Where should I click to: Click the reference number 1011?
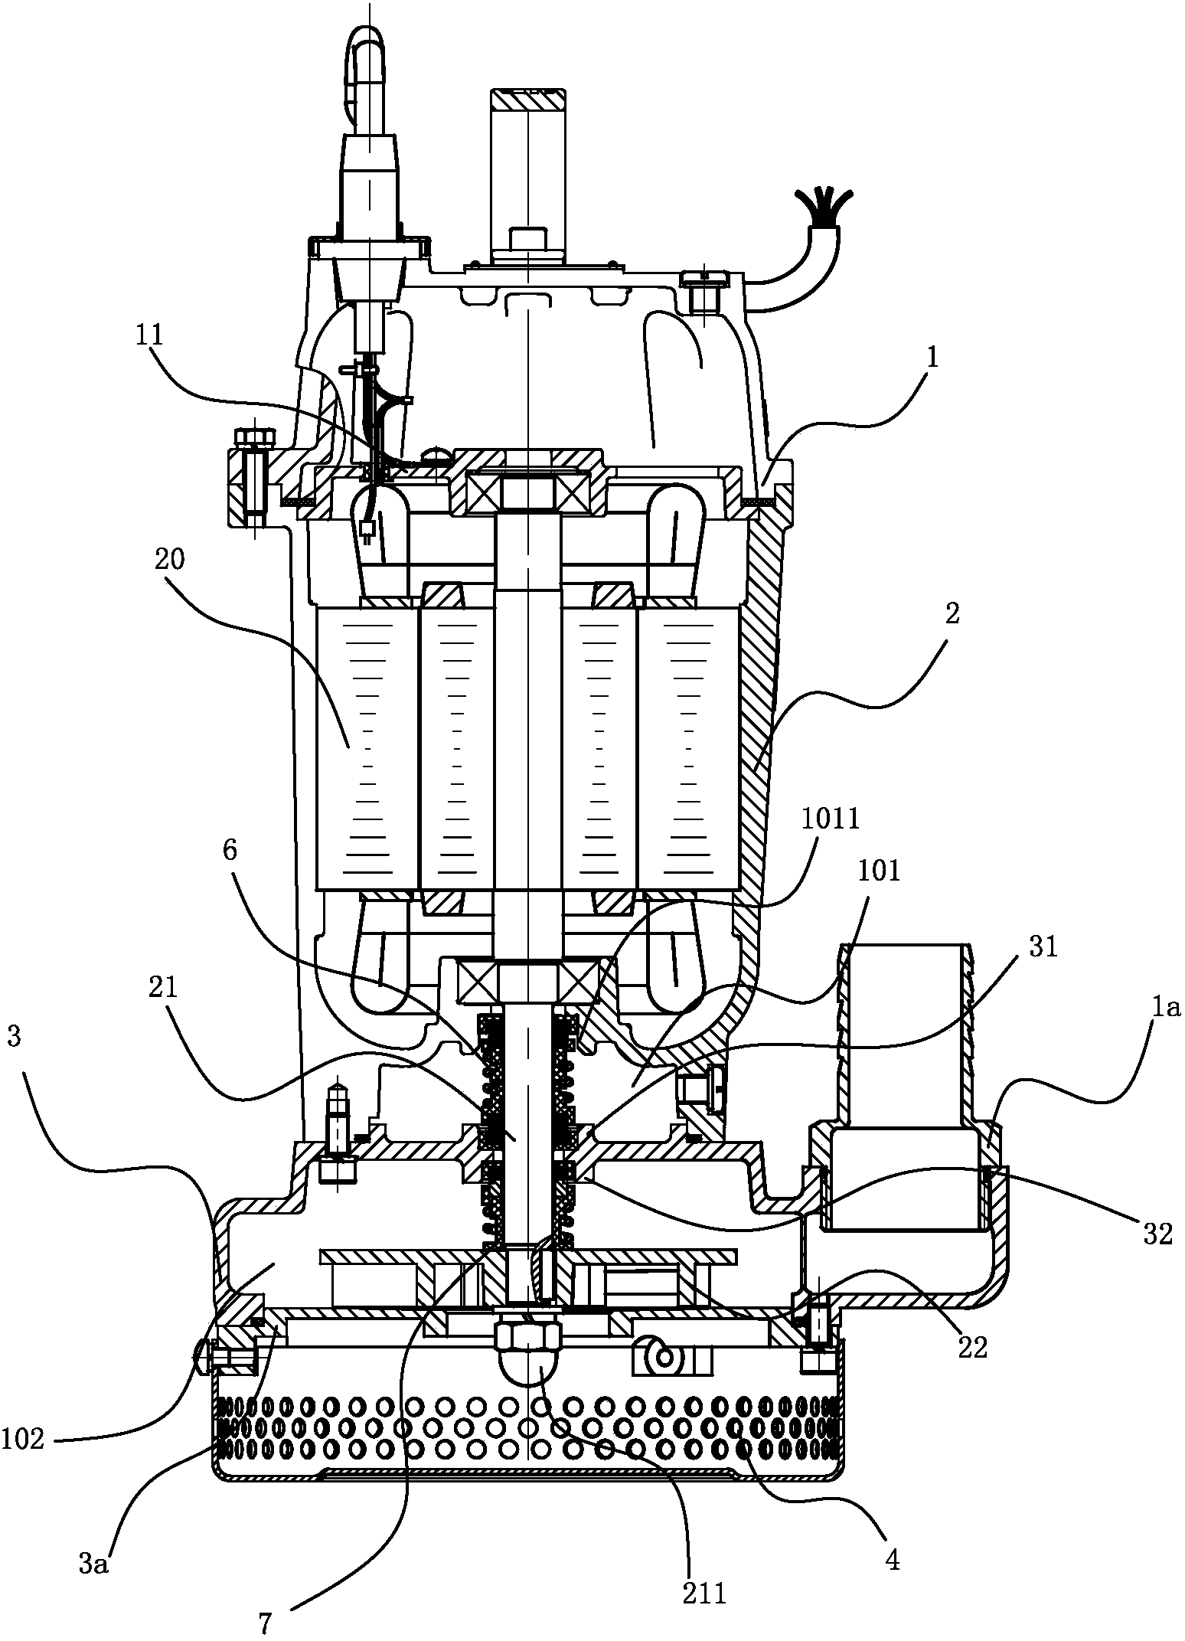pos(831,820)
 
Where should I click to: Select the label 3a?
pos(94,1541)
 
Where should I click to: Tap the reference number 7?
pos(265,1622)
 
